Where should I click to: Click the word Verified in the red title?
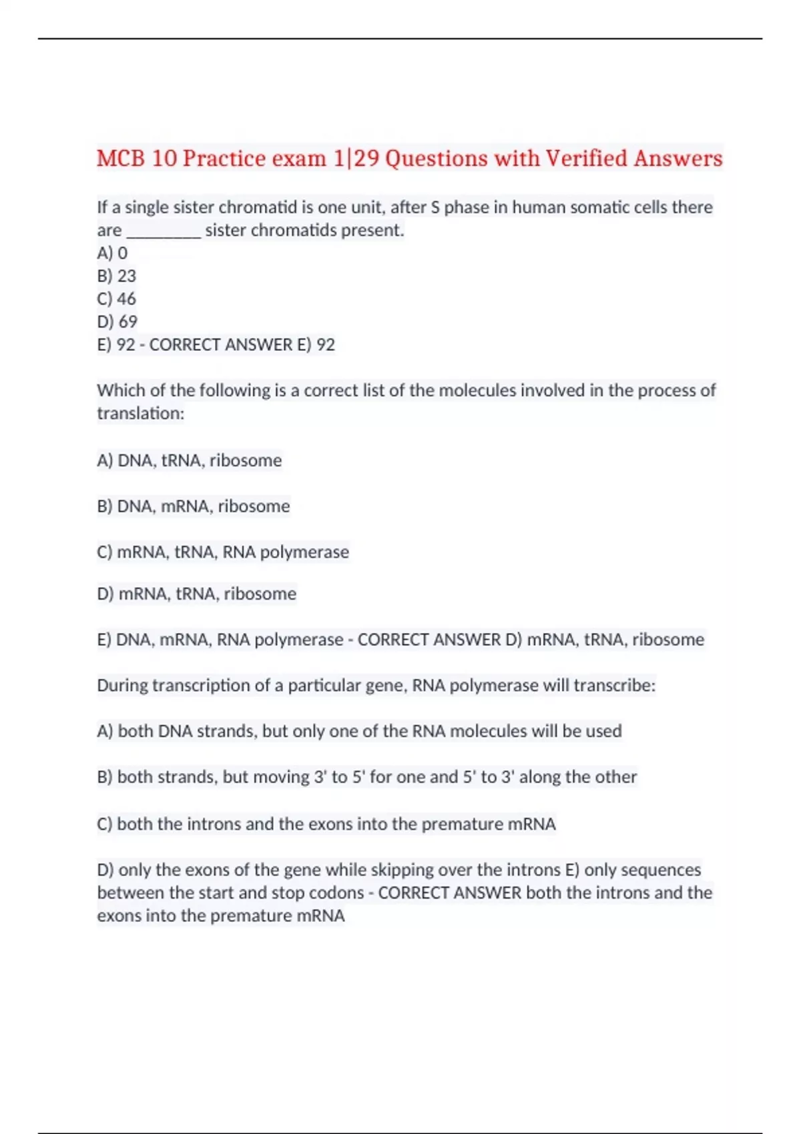[x=587, y=159]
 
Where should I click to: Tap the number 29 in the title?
[x=366, y=159]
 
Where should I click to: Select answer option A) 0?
[x=112, y=253]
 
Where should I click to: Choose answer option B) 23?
[x=117, y=276]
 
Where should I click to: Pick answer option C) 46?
[x=117, y=299]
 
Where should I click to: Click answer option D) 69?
[x=117, y=322]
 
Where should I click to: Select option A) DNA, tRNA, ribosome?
[x=190, y=460]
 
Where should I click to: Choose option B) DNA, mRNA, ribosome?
[x=194, y=506]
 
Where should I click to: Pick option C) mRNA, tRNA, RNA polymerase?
[x=223, y=552]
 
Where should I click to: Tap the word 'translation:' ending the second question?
[x=141, y=414]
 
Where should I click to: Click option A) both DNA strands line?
[x=359, y=731]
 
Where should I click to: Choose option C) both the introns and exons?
[x=326, y=824]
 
